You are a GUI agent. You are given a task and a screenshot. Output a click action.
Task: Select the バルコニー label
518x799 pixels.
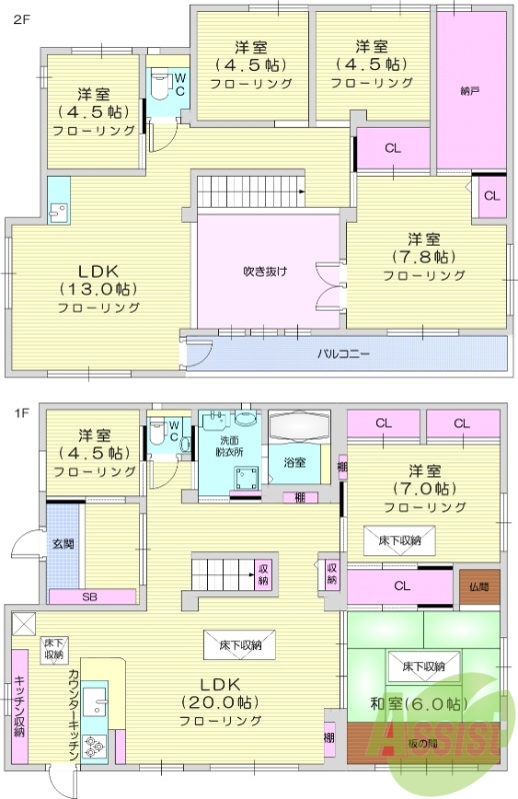coord(346,353)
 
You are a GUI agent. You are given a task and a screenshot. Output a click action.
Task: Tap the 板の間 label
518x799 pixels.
coord(421,743)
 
